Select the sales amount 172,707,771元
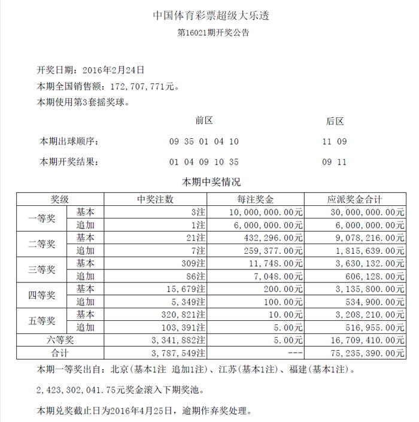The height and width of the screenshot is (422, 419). point(139,87)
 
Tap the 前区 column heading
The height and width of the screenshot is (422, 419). point(204,121)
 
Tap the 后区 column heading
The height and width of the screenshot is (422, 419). point(335,121)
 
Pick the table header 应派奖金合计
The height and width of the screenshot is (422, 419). point(355,199)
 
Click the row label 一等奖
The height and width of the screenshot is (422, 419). point(42,218)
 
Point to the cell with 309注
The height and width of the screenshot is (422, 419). point(195,263)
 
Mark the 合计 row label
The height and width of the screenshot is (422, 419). point(60,353)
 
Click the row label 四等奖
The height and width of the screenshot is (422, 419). point(42,295)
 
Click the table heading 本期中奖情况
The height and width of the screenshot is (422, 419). point(211,181)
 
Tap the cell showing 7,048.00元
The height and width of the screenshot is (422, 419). point(279,276)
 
